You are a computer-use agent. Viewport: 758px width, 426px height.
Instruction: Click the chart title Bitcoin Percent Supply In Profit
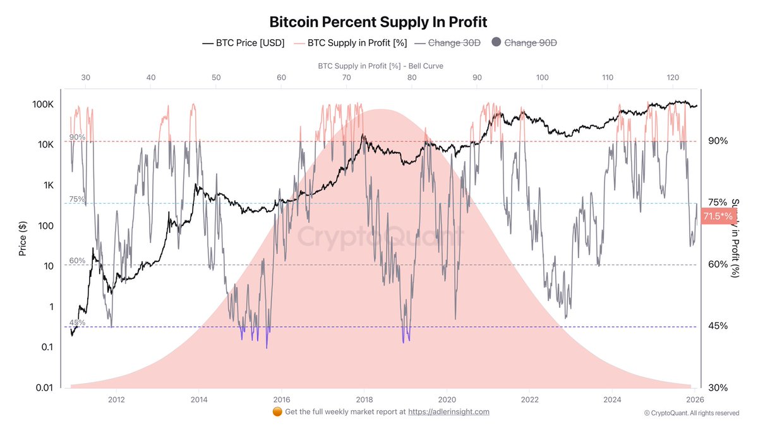(378, 22)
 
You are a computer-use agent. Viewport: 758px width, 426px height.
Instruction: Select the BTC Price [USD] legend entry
(243, 43)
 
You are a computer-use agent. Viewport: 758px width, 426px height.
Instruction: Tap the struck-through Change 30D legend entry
(446, 43)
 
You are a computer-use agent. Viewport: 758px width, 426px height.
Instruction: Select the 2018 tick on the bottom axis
(364, 399)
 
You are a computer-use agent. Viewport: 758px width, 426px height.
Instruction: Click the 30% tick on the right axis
(718, 388)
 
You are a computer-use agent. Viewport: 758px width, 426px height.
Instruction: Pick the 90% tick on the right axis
(718, 141)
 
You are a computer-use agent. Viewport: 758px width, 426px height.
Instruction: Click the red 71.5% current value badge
(718, 216)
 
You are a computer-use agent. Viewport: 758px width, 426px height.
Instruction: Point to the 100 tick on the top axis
(542, 77)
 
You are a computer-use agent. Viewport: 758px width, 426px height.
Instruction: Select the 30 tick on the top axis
(86, 77)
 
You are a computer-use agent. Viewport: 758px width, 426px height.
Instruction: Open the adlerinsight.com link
(448, 411)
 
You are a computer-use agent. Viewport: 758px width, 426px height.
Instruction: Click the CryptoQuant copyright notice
(691, 413)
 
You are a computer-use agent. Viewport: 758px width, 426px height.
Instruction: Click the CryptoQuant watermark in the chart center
(380, 237)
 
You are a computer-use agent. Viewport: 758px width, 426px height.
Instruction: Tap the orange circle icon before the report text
(277, 411)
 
